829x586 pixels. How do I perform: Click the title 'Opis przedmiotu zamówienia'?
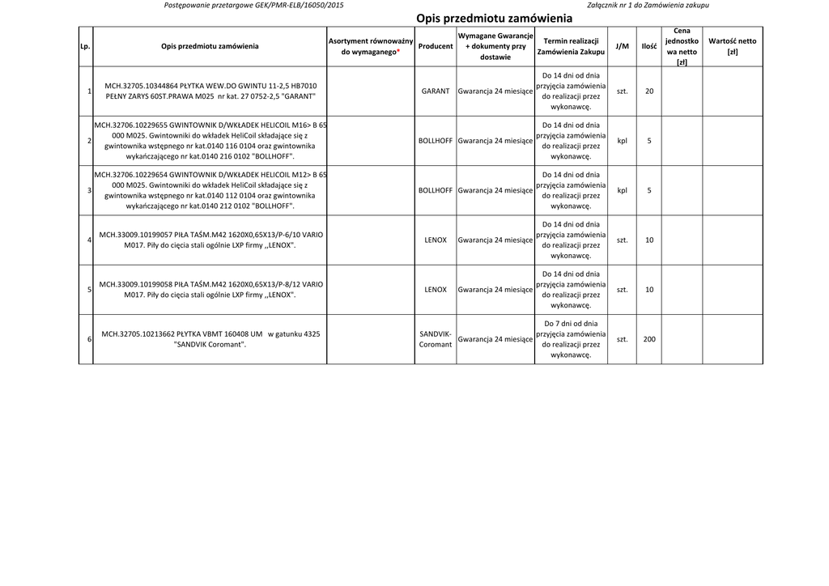click(494, 18)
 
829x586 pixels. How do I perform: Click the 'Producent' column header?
click(436, 46)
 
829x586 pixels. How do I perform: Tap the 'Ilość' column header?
click(649, 46)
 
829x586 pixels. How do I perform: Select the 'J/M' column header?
click(622, 46)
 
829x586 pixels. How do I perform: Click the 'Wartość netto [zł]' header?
click(732, 46)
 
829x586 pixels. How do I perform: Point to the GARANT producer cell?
click(436, 91)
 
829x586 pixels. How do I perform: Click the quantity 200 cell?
click(649, 339)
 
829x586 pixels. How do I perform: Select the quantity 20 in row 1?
click(649, 91)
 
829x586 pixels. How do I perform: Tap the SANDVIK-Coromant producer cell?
click(436, 339)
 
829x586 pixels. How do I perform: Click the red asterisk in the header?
click(398, 52)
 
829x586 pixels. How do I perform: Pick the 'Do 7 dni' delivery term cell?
click(571, 339)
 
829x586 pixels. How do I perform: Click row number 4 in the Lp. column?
click(88, 240)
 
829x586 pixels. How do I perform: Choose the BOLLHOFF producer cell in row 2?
click(436, 141)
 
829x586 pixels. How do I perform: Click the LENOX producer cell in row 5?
click(436, 290)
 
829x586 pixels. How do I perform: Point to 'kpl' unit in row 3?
click(622, 191)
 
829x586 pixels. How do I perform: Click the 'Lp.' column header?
click(85, 46)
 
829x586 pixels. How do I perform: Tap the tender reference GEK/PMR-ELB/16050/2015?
click(288, 5)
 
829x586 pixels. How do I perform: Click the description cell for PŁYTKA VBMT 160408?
click(210, 339)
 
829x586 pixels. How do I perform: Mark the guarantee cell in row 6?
click(495, 339)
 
